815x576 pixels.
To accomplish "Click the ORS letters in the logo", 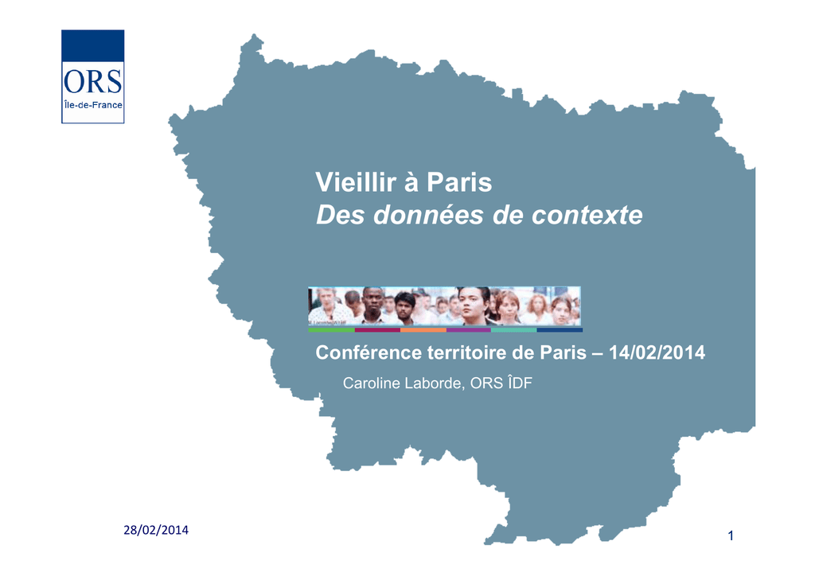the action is [92, 82].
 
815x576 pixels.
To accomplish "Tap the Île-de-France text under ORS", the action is [93, 105].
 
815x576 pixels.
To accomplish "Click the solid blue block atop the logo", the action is [93, 45].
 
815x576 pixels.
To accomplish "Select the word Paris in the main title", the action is [459, 182].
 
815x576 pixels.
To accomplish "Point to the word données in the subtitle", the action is [428, 215].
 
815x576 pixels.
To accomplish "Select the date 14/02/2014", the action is [657, 352].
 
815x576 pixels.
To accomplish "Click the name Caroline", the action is [372, 383].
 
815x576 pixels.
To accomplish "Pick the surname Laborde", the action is [435, 383].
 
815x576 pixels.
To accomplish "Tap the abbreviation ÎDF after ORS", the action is [520, 383].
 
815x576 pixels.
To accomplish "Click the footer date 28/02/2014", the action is [156, 531].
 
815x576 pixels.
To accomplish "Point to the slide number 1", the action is [731, 536].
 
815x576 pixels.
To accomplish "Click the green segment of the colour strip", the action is [332, 330].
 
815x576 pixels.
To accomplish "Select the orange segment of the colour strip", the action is [423, 330].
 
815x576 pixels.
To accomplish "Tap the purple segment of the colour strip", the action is [469, 330].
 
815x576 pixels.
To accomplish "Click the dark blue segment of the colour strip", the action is [560, 330].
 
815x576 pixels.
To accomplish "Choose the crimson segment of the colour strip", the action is [377, 330].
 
